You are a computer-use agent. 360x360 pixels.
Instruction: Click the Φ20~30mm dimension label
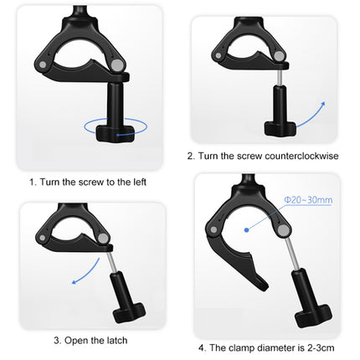point(307,200)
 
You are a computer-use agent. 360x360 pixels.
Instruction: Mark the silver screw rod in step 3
point(116,264)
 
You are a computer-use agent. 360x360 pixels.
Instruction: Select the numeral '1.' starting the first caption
point(33,181)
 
